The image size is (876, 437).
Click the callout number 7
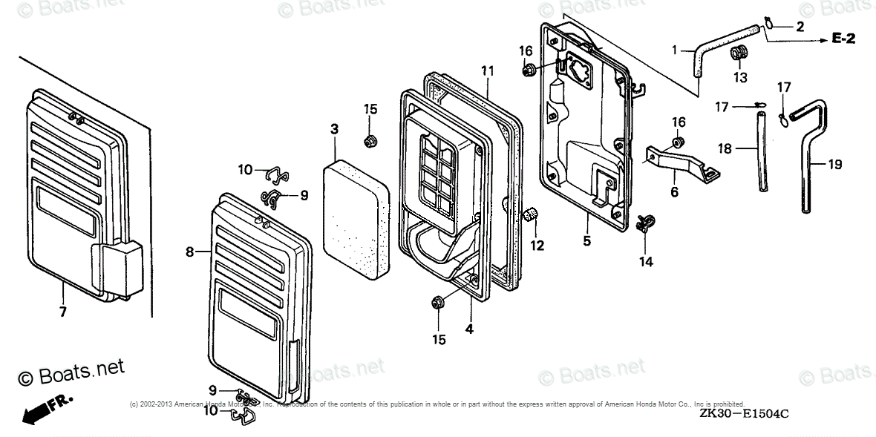coord(62,312)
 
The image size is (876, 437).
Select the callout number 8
coord(190,252)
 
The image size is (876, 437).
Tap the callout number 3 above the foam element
coord(334,129)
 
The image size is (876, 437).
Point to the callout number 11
coord(487,71)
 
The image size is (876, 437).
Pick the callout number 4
coord(468,328)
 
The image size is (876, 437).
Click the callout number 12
coord(536,244)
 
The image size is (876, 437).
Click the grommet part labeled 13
coord(738,53)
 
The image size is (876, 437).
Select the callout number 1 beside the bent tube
coord(674,50)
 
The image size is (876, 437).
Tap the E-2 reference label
coord(843,39)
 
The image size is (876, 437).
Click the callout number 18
coord(725,149)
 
